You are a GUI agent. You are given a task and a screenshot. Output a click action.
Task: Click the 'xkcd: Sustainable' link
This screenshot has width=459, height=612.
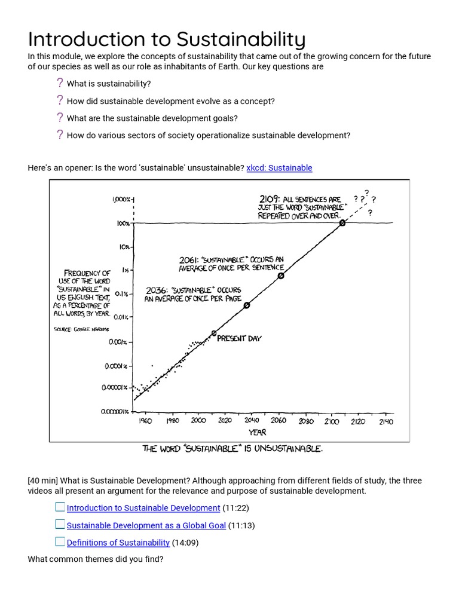pos(279,168)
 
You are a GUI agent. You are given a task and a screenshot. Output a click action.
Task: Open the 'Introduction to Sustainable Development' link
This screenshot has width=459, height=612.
pos(143,508)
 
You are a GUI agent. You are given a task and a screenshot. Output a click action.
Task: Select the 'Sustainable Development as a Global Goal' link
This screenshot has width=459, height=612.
pos(146,525)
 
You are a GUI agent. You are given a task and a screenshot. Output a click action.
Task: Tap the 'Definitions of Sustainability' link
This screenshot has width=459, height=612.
pos(118,543)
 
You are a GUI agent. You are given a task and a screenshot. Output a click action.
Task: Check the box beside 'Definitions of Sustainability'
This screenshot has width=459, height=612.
pos(60,542)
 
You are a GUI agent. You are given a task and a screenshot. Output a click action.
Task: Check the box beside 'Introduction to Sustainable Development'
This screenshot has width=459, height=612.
pos(60,507)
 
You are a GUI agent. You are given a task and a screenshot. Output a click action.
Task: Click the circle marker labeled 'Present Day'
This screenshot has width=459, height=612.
pos(214,333)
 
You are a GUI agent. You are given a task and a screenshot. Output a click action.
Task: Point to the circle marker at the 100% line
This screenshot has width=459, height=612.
pos(342,223)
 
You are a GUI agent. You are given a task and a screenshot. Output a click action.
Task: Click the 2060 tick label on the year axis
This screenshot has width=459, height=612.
pos(279,421)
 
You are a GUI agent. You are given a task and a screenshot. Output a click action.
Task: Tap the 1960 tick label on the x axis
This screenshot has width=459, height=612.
pos(145,421)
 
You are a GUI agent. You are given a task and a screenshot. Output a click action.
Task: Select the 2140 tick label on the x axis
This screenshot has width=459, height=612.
pos(385,421)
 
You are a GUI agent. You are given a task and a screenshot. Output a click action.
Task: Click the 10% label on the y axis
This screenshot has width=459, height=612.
pos(124,246)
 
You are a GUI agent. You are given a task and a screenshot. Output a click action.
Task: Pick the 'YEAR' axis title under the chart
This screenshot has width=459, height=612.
pos(258,432)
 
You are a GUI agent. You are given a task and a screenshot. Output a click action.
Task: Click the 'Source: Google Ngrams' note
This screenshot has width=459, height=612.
pos(78,329)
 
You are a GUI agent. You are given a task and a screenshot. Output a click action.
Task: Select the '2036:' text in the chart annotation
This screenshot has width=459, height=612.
pos(157,290)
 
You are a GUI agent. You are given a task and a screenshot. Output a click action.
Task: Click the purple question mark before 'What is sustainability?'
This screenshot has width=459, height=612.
pos(60,83)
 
